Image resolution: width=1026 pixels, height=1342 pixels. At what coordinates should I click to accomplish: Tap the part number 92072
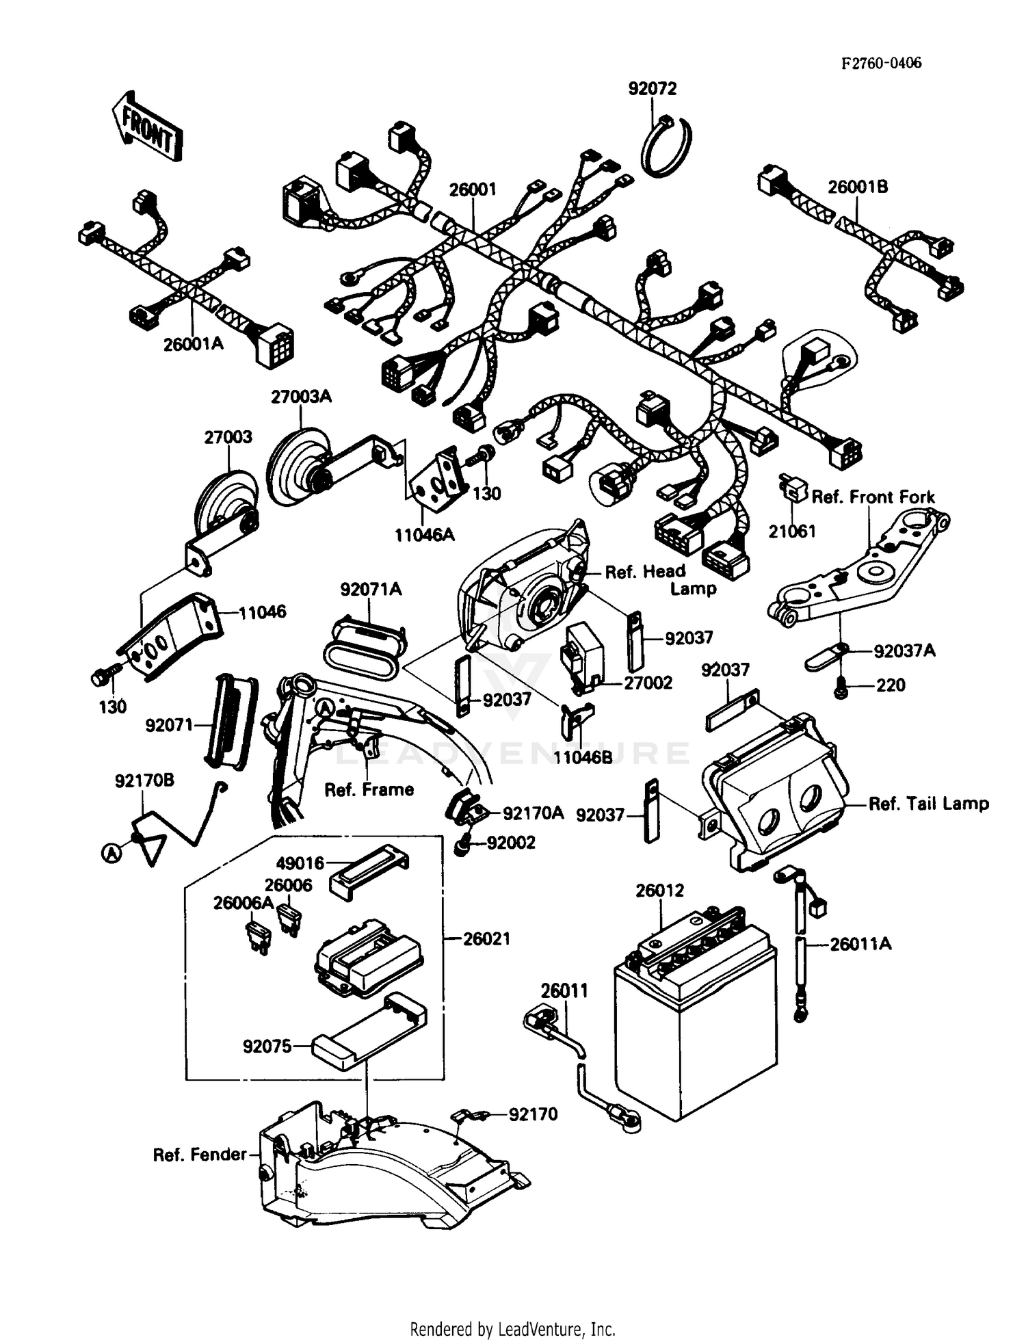[652, 89]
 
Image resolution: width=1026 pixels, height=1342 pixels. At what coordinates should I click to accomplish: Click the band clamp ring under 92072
[666, 147]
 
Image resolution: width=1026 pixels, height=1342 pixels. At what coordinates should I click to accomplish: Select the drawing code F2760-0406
[881, 63]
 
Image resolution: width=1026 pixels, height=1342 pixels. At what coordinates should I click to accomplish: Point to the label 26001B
[858, 187]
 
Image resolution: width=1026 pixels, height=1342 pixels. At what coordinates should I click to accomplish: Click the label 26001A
[193, 343]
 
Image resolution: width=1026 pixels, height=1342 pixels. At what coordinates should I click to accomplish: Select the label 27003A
[301, 396]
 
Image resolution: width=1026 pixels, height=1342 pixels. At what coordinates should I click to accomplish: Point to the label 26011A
[860, 944]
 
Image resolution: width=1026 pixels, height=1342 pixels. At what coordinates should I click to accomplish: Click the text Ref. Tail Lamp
[928, 803]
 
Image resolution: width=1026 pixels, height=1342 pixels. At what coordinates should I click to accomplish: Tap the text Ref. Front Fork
[873, 497]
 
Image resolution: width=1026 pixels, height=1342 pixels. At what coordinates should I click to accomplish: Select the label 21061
[792, 531]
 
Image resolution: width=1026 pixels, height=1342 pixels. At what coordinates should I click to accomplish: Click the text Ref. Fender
[199, 1155]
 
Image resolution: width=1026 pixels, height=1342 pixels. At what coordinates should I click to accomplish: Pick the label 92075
[267, 1046]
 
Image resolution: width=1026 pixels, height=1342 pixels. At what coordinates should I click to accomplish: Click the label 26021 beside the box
[486, 938]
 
